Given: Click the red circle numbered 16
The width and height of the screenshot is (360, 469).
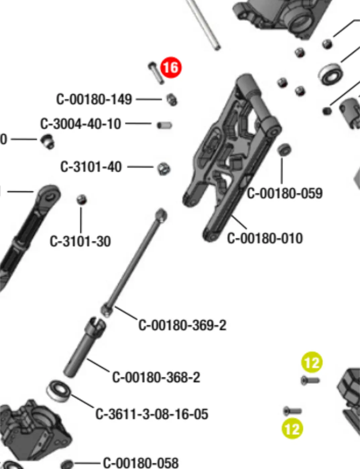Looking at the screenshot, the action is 171,68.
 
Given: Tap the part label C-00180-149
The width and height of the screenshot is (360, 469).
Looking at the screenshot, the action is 94,99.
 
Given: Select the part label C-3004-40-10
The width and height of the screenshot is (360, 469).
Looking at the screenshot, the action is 80,124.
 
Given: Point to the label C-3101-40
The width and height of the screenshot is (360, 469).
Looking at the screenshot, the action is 91,167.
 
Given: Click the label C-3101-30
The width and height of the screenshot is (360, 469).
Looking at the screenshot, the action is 80,241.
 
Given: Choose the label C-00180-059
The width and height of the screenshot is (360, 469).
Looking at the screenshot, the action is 285,193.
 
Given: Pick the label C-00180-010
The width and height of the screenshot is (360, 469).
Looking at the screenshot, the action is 265,238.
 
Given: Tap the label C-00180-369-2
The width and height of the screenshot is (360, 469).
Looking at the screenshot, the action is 182,325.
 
